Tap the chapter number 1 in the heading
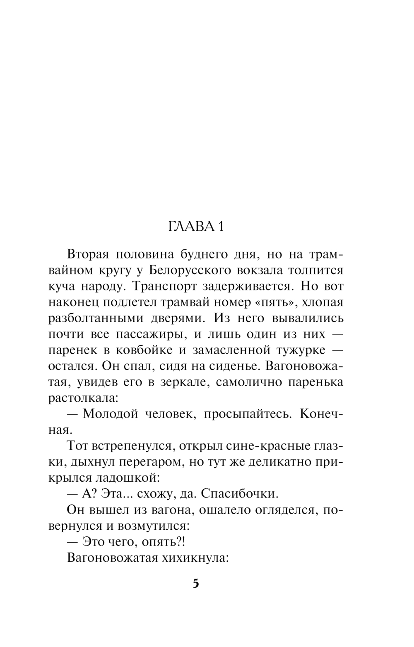221,227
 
